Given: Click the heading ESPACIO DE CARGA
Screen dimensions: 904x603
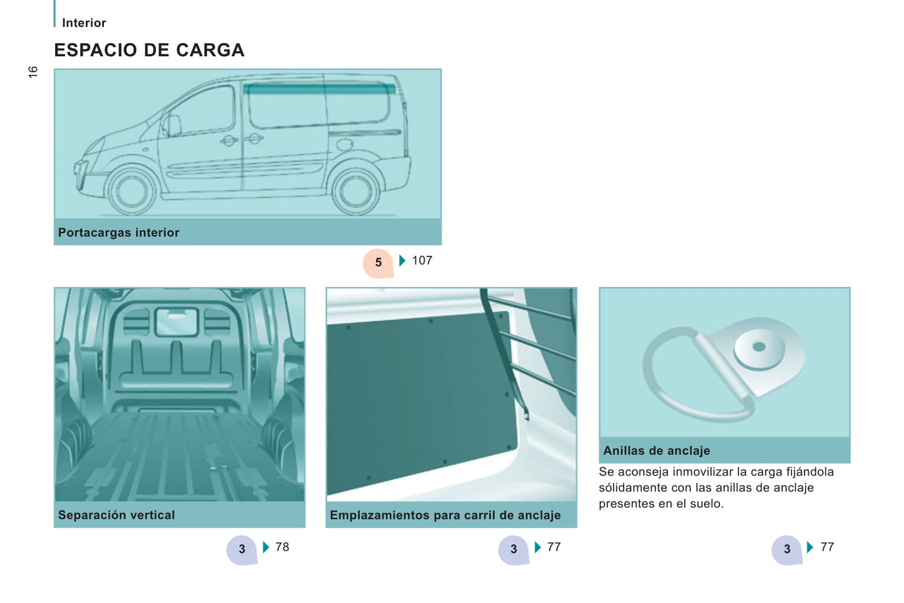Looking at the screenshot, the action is tap(150, 50).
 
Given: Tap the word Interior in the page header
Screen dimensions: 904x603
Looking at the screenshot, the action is tap(84, 23).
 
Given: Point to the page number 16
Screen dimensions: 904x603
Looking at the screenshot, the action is tap(33, 72).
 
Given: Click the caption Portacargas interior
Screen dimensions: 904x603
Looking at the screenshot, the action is tap(119, 233).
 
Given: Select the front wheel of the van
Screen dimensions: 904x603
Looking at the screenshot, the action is tap(131, 191).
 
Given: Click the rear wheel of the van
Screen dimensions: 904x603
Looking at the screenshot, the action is tap(355, 191).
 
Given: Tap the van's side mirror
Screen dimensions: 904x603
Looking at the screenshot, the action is tap(171, 126).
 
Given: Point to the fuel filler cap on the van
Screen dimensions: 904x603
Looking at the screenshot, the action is tap(344, 144).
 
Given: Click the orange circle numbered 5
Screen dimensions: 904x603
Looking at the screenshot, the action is tap(378, 263).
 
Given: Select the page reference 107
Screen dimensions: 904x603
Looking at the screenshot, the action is tap(422, 261).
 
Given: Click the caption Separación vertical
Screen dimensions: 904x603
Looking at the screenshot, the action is tap(116, 515).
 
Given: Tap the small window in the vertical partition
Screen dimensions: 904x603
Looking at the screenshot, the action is tap(177, 322).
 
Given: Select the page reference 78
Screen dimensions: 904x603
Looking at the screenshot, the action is tap(282, 547).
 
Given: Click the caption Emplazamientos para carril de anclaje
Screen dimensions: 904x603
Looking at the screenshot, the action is tap(445, 515).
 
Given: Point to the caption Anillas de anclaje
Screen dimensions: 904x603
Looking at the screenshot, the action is tap(657, 450).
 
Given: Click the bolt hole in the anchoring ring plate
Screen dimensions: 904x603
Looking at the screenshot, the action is tap(759, 347).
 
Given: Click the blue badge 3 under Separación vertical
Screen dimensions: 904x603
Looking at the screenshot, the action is tap(241, 550).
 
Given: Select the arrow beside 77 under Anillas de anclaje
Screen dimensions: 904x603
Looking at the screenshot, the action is tap(810, 547).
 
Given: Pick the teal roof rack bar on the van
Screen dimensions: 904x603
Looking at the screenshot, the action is tap(320, 89).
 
